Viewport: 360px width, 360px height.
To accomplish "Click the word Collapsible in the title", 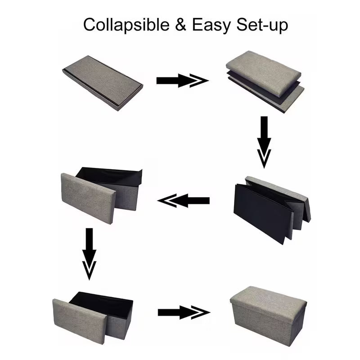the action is (126, 25).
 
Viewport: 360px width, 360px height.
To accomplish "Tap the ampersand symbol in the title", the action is (180, 24).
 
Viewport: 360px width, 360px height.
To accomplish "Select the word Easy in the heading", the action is (211, 25).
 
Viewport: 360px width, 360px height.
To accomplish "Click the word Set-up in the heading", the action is (262, 25).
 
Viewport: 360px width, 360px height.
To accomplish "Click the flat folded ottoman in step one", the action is (103, 83).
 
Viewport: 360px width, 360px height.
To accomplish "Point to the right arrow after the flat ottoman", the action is (183, 81).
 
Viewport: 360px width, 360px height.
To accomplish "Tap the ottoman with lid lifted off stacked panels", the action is (265, 81).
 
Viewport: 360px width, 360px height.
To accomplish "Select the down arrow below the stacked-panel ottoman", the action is (264, 142).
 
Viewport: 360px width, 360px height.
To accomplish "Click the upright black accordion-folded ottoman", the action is (272, 210).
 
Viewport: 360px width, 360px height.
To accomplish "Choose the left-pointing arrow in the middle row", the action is (184, 201).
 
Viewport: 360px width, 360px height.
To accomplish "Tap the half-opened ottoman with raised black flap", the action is (101, 196).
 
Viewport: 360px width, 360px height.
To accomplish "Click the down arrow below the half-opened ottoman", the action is (89, 254).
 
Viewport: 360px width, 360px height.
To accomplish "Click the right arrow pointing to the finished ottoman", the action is (184, 312).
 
